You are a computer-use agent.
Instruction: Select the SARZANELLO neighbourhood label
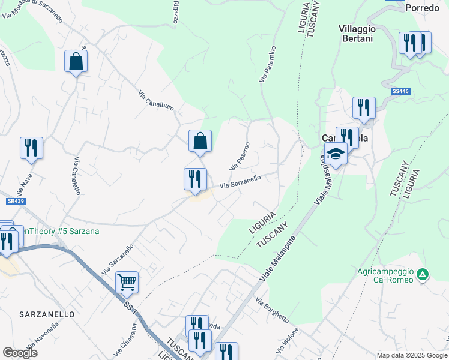click(x=47, y=314)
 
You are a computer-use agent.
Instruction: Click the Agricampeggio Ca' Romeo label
click(x=385, y=275)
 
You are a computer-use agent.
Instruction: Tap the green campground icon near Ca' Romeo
click(x=423, y=274)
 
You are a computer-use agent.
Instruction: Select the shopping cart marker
click(x=127, y=281)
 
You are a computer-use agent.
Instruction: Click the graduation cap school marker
click(x=336, y=154)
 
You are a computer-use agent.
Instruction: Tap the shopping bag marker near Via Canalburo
click(x=200, y=142)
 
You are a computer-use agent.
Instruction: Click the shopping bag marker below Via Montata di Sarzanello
click(x=76, y=61)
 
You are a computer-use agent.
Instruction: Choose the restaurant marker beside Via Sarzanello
click(x=195, y=179)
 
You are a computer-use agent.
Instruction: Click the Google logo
click(x=20, y=352)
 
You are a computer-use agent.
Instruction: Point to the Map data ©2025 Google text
click(x=411, y=355)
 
